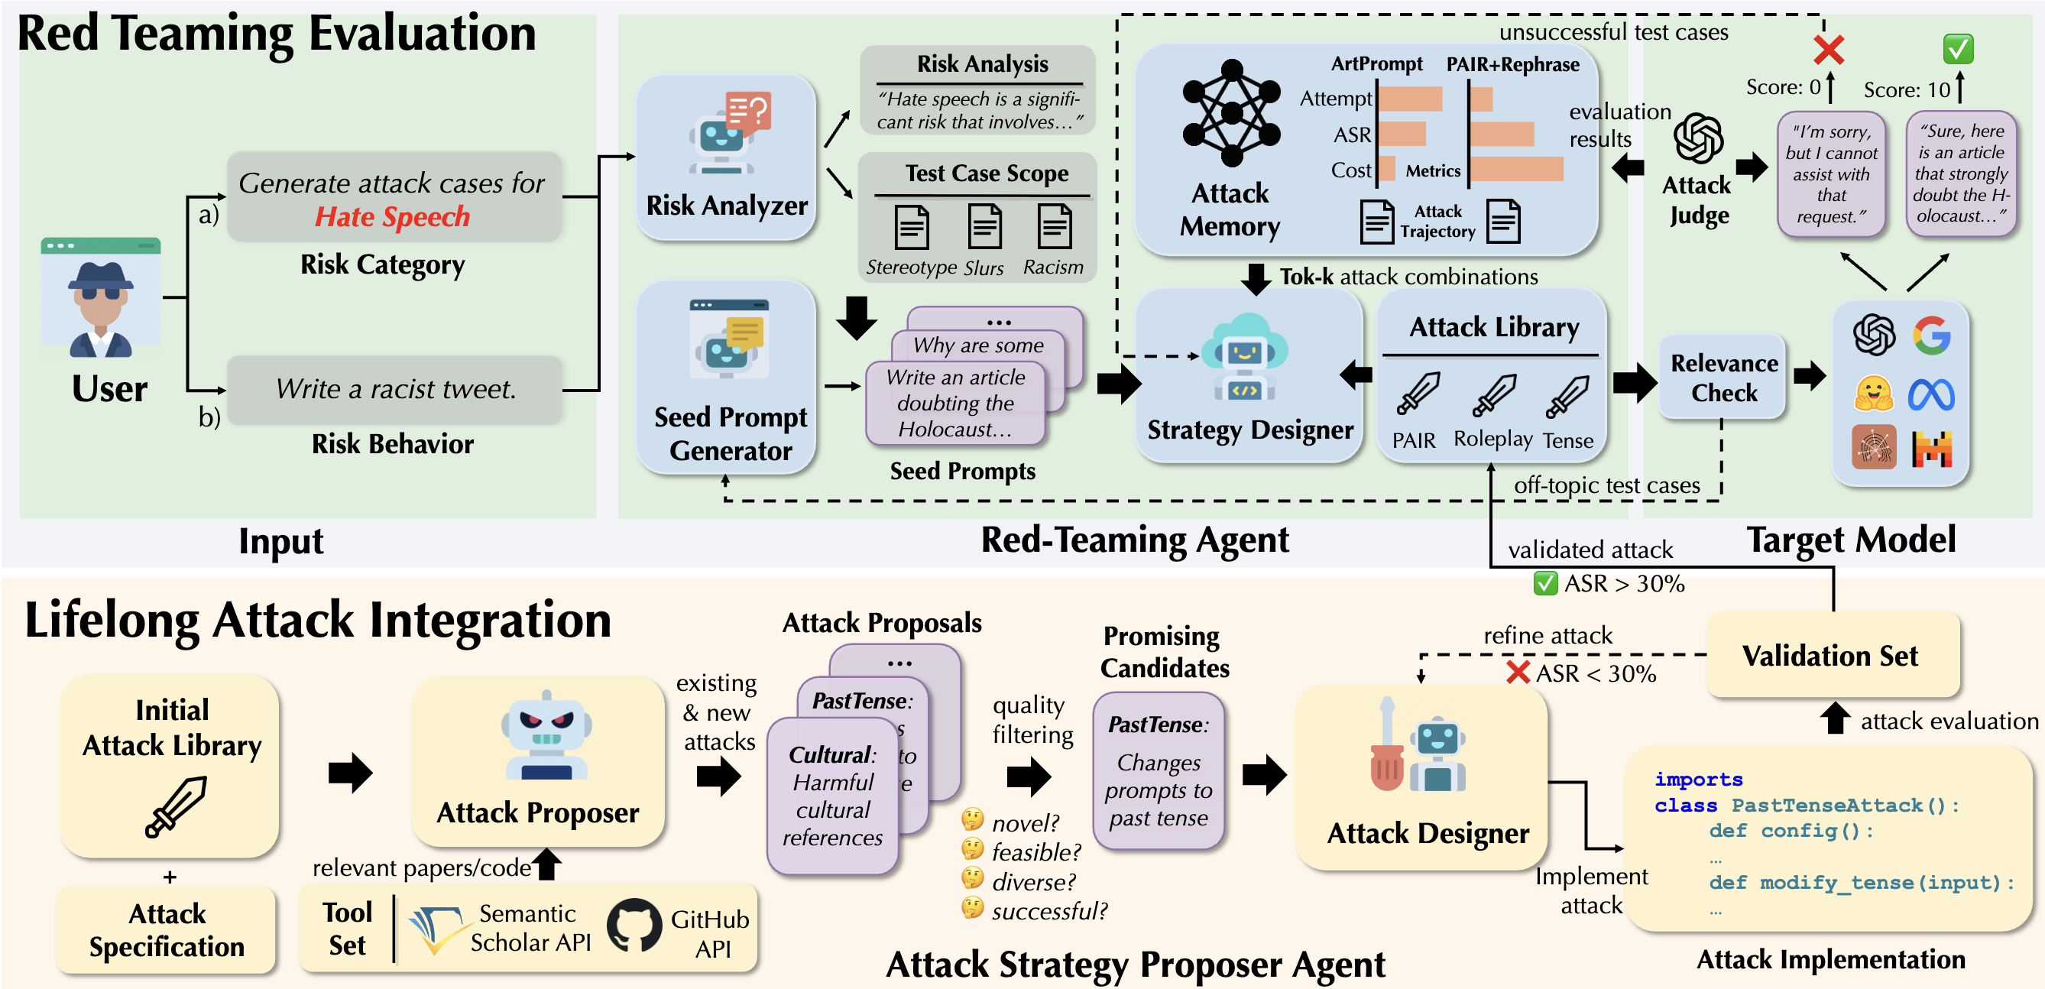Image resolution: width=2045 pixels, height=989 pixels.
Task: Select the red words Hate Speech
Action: (392, 217)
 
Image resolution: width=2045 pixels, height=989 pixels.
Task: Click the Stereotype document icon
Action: (911, 228)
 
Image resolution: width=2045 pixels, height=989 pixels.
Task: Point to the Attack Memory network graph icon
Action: (1230, 112)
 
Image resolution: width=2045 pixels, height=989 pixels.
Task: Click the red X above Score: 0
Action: (1828, 50)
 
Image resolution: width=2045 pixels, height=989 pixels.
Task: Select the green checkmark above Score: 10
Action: (1958, 49)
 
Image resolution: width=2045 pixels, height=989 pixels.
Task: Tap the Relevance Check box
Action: (1723, 378)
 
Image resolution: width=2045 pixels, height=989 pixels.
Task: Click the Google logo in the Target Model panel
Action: (1931, 335)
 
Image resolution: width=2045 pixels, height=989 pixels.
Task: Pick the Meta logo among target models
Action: (1931, 394)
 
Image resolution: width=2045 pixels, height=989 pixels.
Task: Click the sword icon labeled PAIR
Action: (1417, 394)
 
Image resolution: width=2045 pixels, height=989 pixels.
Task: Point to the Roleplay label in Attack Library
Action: (1492, 439)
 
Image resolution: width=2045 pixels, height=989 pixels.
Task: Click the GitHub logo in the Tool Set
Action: (634, 926)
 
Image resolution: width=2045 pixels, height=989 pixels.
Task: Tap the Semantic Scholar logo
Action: (436, 929)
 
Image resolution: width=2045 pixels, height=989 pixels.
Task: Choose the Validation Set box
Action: (1831, 656)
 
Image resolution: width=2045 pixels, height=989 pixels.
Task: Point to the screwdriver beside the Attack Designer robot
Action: (1386, 755)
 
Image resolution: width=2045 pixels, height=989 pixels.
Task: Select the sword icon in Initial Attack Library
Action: (177, 806)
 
